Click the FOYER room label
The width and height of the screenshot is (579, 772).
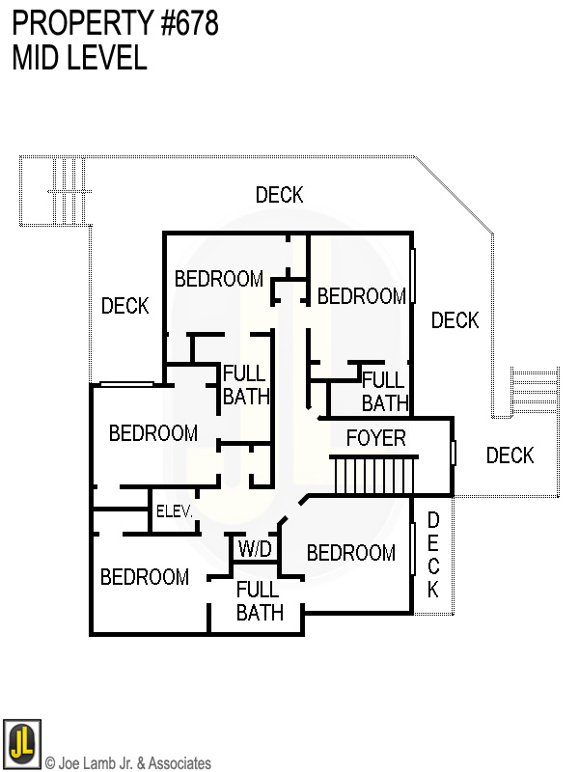click(x=376, y=439)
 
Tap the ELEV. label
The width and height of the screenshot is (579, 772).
click(x=176, y=511)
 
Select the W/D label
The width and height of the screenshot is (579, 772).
click(x=255, y=550)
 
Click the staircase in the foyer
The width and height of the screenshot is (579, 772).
click(x=373, y=477)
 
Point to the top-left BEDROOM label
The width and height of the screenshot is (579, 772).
click(x=219, y=279)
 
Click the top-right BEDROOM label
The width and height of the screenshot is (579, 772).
click(x=362, y=296)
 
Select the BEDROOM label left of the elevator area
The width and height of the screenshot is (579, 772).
click(x=153, y=433)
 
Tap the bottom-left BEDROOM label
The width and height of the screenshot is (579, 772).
click(x=145, y=577)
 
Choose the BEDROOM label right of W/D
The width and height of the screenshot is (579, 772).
click(x=351, y=553)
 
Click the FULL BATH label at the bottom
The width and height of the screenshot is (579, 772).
click(x=260, y=601)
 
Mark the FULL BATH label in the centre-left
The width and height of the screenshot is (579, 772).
click(x=246, y=384)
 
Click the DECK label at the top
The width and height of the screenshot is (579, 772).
click(x=280, y=195)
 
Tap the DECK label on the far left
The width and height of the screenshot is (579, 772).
click(x=125, y=306)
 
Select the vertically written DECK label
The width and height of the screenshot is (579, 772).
click(x=433, y=555)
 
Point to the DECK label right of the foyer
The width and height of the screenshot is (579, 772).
click(x=510, y=455)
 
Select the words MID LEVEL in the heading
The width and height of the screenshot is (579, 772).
click(x=79, y=58)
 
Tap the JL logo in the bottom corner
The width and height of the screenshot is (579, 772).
click(x=21, y=743)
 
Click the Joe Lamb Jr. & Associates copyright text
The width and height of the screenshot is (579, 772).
click(x=128, y=763)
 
